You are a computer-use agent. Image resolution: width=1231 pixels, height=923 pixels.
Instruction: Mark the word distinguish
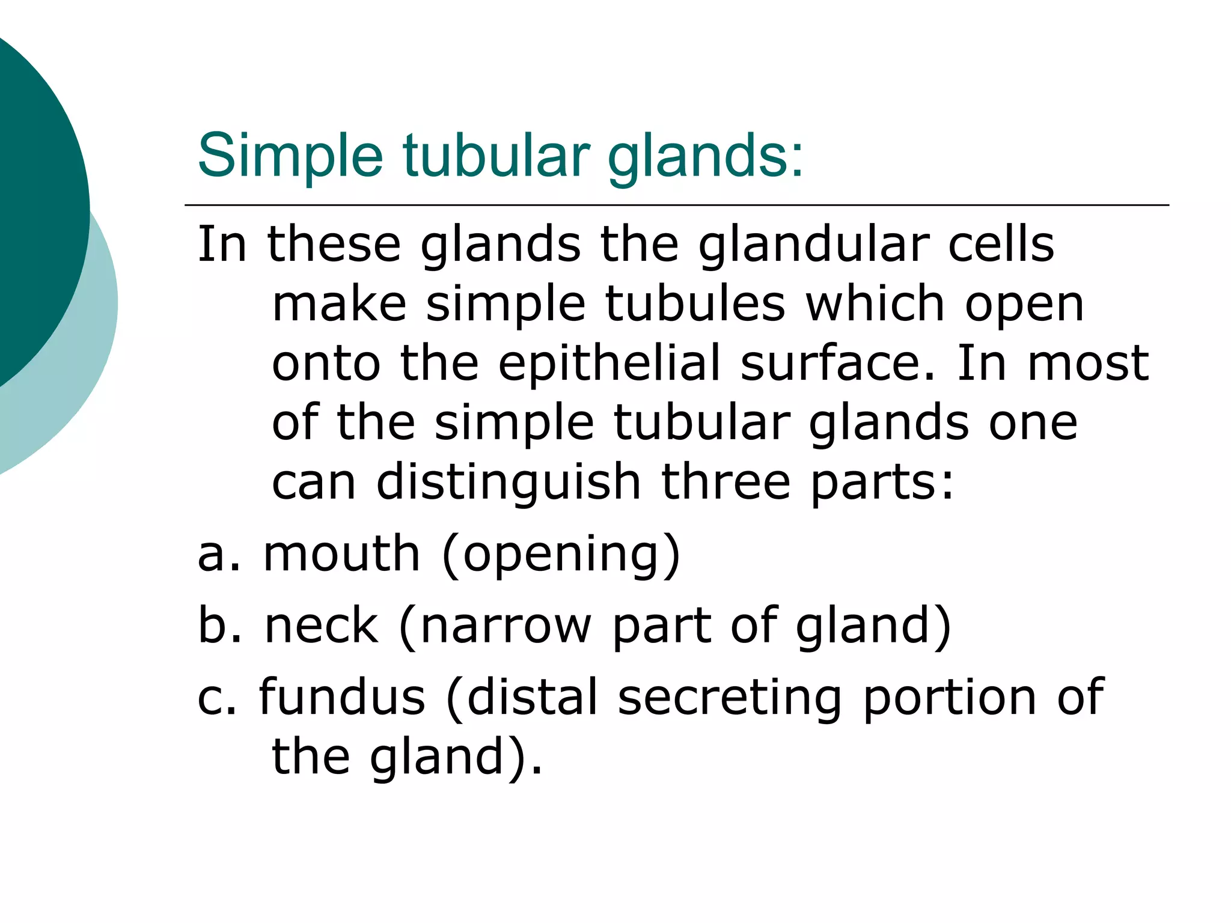tap(509, 483)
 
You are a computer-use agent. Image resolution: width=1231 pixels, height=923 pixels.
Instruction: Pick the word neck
tap(322, 626)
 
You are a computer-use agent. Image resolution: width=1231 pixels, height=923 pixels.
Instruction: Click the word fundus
tap(342, 697)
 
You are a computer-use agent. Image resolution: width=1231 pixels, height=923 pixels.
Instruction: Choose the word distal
tap(533, 697)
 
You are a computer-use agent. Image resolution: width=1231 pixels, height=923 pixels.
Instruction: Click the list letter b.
tap(213, 626)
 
